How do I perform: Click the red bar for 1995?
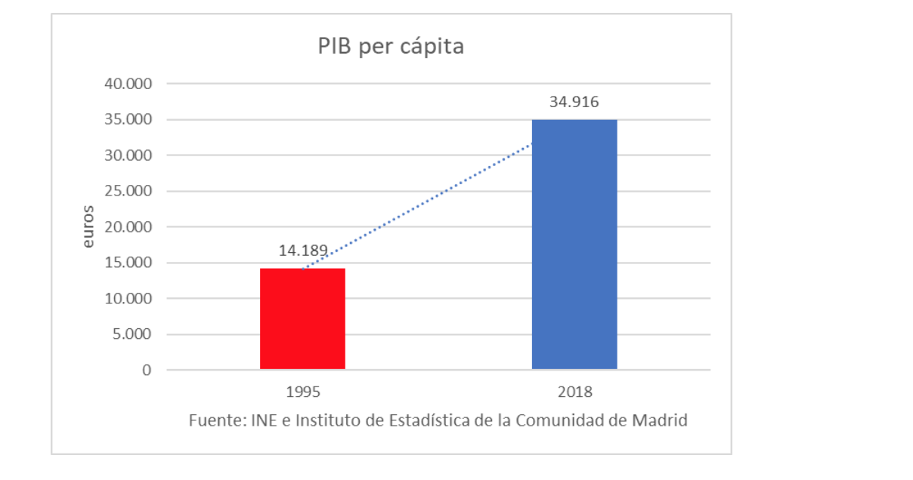pos(302,318)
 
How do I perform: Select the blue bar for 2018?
pos(574,244)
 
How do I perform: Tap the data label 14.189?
pos(302,251)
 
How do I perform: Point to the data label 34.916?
pos(574,102)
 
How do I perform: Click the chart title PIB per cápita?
pos(390,47)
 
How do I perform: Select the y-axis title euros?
pos(88,226)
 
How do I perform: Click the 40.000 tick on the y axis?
pos(128,84)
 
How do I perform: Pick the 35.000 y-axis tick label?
pos(128,119)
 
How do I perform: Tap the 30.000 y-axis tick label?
pos(128,155)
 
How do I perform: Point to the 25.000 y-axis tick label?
pos(128,191)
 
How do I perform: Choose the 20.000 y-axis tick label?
pos(128,227)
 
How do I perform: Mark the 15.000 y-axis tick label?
pos(128,263)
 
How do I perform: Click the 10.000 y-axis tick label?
pos(128,299)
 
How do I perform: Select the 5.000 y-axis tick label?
pos(132,334)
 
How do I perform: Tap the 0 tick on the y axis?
pos(147,371)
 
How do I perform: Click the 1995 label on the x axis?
pos(302,392)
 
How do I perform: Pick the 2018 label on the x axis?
pos(574,392)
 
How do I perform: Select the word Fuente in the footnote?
pos(214,420)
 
